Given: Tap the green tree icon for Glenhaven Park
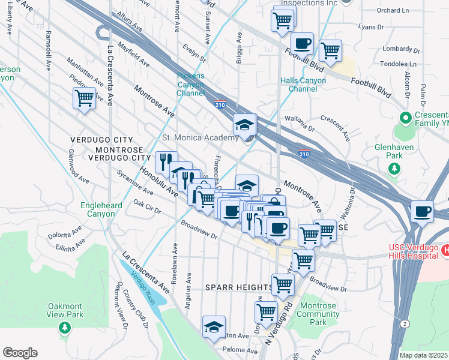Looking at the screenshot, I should coord(394,169).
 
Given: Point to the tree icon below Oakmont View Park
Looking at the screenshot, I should coord(65,328).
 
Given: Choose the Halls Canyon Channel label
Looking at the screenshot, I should coord(298,85).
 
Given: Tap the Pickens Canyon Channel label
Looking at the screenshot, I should coord(191,85).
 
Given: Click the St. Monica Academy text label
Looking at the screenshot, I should coord(200,138).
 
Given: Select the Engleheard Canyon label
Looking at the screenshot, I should coord(97,209).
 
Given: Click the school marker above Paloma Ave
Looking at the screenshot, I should coord(214,327).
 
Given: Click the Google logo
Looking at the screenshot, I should coord(20,353).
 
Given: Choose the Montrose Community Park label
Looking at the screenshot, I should coord(318,314).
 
